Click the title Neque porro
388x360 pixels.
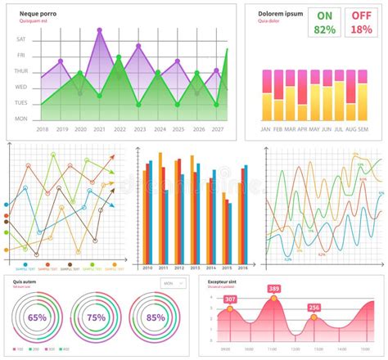coord(43,14)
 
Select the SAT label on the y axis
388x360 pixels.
coord(21,39)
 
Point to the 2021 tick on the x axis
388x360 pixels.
coord(100,129)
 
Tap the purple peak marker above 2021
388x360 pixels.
coord(100,30)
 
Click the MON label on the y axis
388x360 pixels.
coord(21,119)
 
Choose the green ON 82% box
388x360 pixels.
coord(325,22)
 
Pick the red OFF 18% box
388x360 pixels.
coord(361,22)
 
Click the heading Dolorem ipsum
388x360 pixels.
coord(281,14)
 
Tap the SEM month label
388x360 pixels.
coord(374,129)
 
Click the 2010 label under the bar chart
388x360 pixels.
coord(148,268)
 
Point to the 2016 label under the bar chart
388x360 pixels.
coord(243,268)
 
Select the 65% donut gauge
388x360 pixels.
coord(38,317)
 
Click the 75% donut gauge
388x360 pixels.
coord(97,317)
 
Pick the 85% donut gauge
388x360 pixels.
coord(156,317)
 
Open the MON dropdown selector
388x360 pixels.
coord(174,283)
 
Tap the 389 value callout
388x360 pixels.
coord(273,289)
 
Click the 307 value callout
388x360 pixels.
coord(230,299)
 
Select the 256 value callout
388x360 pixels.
coord(314,308)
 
